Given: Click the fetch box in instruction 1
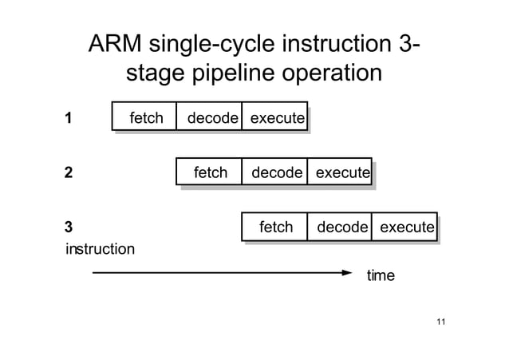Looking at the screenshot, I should (144, 118).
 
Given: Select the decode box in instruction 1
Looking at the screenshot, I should (209, 118).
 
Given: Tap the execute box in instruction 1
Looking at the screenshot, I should (274, 118).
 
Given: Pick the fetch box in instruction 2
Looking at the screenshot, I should (209, 172).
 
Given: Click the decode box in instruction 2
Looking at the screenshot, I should (274, 172).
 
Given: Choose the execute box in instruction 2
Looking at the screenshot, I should (340, 172).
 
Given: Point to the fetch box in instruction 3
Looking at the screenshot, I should (274, 227).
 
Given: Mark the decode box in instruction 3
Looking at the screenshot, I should (340, 227).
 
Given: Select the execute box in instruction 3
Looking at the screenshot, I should (405, 227).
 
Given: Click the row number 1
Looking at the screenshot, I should (69, 119).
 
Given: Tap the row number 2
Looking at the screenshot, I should (69, 173).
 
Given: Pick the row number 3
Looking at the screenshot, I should (69, 227).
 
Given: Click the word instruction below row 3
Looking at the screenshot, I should (99, 249).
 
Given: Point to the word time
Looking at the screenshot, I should (380, 275).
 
